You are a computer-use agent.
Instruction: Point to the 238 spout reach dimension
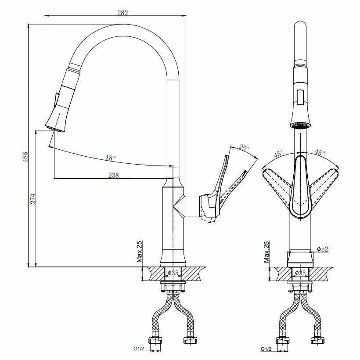click(113, 175)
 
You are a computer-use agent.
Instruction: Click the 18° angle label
click(111, 158)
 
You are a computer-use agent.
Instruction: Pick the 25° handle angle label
click(245, 148)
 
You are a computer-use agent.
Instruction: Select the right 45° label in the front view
click(320, 153)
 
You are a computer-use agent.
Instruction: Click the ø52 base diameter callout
click(323, 249)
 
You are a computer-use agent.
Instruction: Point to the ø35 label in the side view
click(174, 273)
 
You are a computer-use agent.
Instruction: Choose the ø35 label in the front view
click(300, 273)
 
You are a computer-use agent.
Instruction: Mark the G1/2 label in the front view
click(266, 349)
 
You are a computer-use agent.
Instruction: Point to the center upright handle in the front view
click(300, 187)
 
